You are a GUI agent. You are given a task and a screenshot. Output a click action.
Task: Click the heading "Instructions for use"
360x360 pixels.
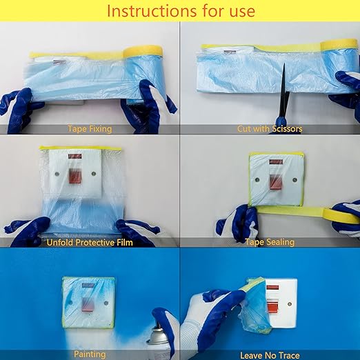[181, 11]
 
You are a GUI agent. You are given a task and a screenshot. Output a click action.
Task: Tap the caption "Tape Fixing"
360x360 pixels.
[90, 129]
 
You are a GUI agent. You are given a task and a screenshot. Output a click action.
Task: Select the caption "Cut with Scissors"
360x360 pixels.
[270, 129]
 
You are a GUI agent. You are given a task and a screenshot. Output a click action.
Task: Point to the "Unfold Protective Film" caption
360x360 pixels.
[90, 243]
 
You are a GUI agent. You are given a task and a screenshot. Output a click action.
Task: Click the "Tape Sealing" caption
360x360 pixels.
[270, 242]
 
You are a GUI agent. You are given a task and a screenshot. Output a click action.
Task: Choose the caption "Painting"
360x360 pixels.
[90, 354]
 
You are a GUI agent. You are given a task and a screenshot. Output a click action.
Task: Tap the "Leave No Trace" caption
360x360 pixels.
[270, 355]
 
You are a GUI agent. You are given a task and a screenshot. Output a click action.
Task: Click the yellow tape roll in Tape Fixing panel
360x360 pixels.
[143, 52]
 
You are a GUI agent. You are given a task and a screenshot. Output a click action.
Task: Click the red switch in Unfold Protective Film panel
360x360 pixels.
[75, 176]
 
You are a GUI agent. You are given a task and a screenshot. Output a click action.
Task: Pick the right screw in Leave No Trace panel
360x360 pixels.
[290, 304]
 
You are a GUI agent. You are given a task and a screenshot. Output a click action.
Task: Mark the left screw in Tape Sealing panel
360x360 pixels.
[257, 180]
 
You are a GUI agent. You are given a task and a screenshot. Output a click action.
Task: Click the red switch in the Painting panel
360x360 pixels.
[88, 304]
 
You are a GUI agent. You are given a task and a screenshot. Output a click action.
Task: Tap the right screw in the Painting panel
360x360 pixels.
[106, 303]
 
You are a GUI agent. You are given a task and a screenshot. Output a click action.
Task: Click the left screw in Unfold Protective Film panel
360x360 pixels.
[57, 174]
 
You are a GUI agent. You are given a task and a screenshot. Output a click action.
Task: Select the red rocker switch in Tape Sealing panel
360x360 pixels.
[275, 182]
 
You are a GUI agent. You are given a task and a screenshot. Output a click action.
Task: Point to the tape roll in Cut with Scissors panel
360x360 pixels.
[339, 45]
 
